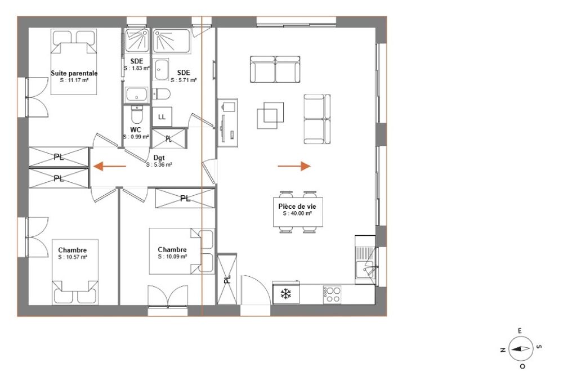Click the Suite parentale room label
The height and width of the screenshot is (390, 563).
[74, 73]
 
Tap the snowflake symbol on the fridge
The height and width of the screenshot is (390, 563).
[286, 294]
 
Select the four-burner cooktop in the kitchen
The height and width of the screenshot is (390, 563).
[332, 294]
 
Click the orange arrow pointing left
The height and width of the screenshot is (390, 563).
[110, 166]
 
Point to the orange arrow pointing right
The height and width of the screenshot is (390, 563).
[294, 166]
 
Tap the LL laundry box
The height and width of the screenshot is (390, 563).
[162, 117]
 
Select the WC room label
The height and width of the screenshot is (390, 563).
[135, 130]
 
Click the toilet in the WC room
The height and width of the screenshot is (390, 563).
[136, 114]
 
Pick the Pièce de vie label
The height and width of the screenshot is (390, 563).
[297, 207]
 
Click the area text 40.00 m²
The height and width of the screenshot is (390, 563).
[297, 213]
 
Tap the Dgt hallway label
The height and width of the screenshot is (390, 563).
[159, 158]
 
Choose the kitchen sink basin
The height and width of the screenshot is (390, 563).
[365, 270]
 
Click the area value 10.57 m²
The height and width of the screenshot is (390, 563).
[73, 257]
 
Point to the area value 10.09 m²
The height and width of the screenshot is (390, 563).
[172, 257]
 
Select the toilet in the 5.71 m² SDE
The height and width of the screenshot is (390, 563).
[161, 94]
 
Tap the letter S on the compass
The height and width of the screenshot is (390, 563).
[538, 347]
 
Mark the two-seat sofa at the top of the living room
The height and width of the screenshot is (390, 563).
[275, 69]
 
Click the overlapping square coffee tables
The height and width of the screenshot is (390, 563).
[270, 115]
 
